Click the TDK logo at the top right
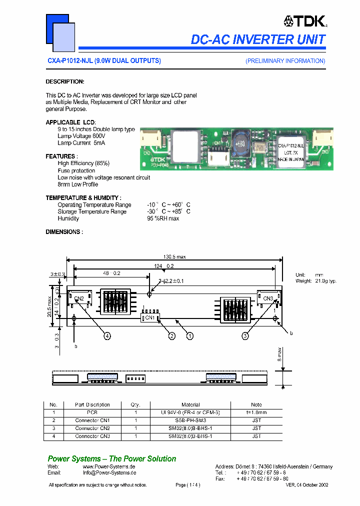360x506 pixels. [x=304, y=21]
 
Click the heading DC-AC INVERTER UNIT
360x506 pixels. [x=258, y=39]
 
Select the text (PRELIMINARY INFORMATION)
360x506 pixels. [x=285, y=61]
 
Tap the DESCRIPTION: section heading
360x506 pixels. [x=65, y=81]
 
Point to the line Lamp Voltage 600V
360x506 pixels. [x=81, y=136]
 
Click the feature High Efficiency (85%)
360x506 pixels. [x=83, y=163]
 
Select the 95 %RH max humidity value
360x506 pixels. [x=163, y=218]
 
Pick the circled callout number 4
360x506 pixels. [x=107, y=336]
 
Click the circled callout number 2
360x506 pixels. [x=171, y=336]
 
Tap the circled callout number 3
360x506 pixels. [x=245, y=336]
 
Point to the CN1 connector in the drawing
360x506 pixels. [x=149, y=317]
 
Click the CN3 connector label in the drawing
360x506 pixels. [x=268, y=299]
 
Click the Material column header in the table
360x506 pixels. [x=190, y=404]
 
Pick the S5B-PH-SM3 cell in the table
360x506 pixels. [x=190, y=420]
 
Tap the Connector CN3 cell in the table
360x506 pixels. [x=92, y=436]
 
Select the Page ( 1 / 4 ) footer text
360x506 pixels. [x=188, y=485]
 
